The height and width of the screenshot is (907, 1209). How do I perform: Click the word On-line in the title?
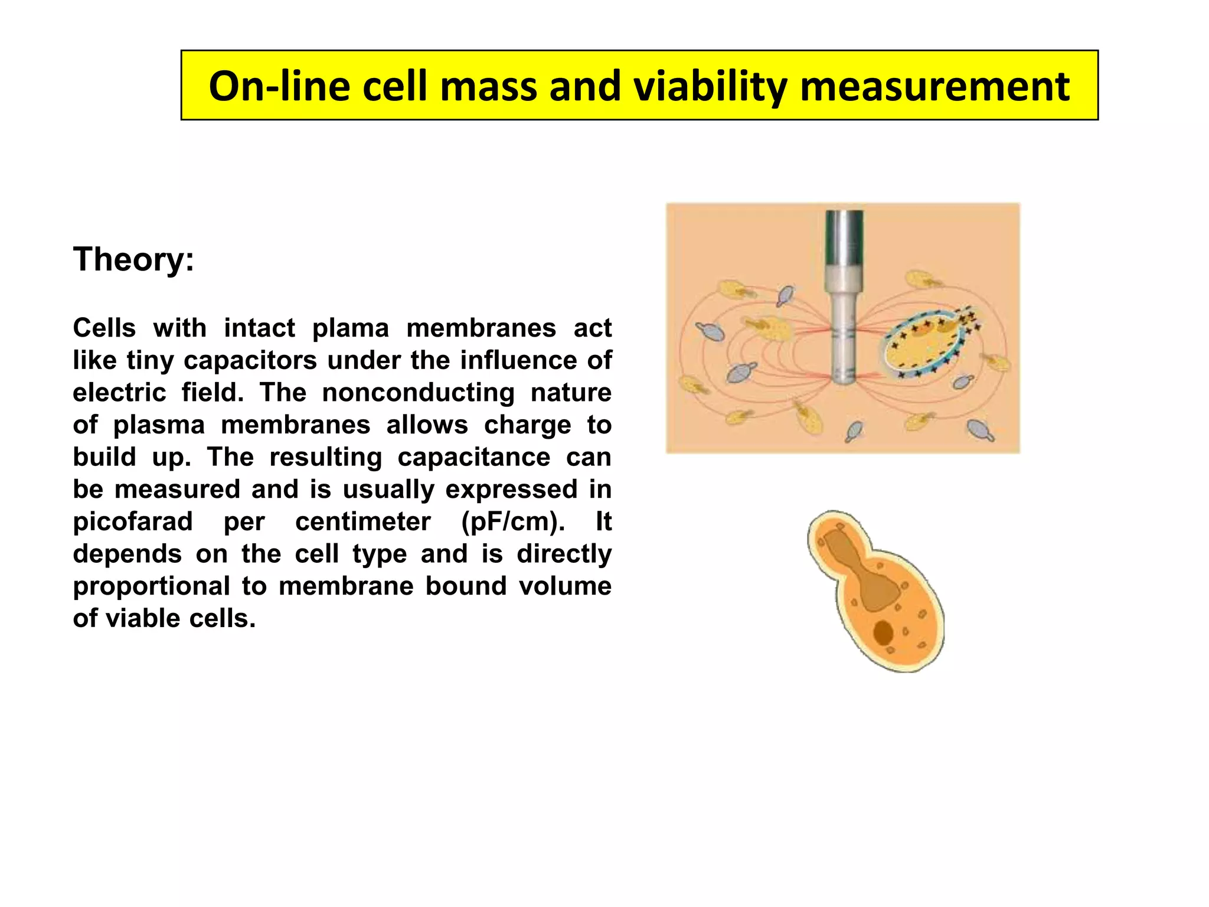click(x=279, y=86)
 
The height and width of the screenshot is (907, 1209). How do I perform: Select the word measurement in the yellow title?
click(x=934, y=86)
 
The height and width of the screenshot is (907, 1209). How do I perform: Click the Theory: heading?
click(x=133, y=259)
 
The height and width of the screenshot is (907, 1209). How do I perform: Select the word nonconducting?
click(x=418, y=393)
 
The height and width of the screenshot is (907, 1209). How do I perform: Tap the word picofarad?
click(x=133, y=521)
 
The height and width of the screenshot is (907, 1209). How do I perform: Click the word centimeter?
click(x=363, y=521)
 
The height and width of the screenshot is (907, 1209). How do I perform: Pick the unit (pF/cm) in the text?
click(x=513, y=521)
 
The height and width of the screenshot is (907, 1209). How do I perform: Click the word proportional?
click(x=151, y=586)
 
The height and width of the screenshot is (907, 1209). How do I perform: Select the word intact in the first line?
click(x=259, y=328)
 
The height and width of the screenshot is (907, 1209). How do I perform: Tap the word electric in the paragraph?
click(x=119, y=393)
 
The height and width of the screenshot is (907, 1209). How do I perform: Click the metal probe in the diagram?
click(x=844, y=295)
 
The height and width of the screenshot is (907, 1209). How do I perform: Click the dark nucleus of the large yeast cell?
click(x=883, y=632)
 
